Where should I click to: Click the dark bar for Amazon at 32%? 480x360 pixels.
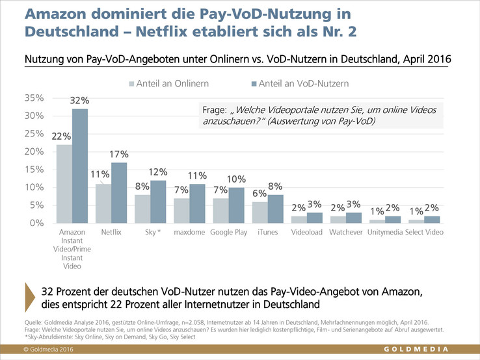(79, 166)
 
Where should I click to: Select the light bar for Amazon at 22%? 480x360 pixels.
(64, 183)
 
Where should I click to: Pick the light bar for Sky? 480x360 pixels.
(142, 208)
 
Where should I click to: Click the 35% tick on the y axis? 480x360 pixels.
(33, 98)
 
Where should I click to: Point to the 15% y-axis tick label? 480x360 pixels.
(33, 170)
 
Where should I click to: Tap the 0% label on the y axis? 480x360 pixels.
(36, 223)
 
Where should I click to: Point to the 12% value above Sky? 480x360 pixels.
(159, 172)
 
